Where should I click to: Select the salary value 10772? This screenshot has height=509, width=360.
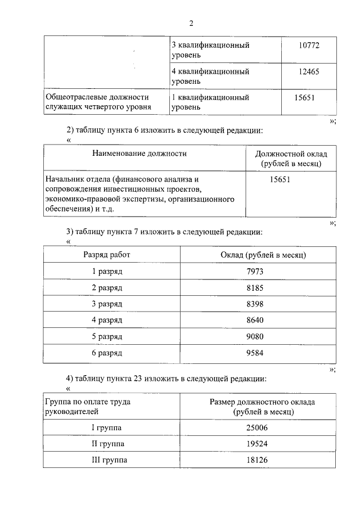[x=309, y=45]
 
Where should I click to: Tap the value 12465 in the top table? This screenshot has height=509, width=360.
[x=309, y=71]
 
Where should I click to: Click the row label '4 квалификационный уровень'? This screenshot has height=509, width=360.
[x=210, y=76]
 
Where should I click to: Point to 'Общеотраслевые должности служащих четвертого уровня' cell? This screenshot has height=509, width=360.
[x=97, y=102]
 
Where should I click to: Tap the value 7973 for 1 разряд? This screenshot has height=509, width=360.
[x=255, y=271]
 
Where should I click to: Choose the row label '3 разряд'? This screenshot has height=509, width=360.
[x=107, y=304]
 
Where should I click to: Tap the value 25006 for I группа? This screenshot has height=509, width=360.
[x=257, y=428]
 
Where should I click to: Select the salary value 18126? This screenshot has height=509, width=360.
[x=257, y=461]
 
